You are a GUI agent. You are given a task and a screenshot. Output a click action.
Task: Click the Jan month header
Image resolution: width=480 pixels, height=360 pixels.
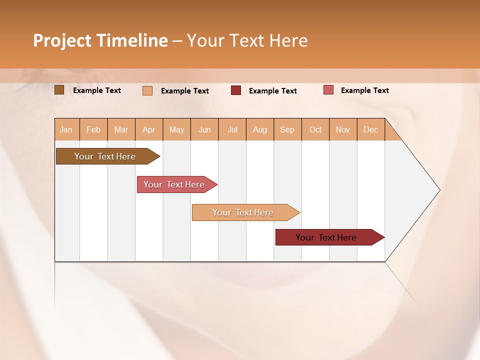66,129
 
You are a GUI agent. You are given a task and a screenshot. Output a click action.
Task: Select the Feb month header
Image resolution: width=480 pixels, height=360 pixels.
93,129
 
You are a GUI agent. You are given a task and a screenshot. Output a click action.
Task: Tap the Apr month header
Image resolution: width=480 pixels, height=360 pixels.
148,129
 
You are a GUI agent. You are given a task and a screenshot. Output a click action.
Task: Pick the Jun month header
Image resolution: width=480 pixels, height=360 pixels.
204,129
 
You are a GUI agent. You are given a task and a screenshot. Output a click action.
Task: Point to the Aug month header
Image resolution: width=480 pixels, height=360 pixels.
259,129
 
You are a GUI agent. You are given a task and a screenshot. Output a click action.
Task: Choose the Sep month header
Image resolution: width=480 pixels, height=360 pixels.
287,129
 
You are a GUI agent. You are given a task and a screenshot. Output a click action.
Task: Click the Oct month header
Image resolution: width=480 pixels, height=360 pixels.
315,129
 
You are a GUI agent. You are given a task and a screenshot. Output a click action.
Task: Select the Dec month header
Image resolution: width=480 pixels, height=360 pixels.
370,129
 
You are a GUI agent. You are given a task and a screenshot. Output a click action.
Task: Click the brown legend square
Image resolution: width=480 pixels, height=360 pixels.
59,90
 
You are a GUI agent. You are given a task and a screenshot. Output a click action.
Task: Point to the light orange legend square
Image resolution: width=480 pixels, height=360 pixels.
147,90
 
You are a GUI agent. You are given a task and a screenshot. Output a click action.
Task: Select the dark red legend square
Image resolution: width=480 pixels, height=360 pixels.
236,90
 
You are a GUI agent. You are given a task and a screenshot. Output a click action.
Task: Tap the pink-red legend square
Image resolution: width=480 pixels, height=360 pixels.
328,90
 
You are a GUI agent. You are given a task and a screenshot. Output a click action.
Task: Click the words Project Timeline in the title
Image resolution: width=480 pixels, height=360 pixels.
100,40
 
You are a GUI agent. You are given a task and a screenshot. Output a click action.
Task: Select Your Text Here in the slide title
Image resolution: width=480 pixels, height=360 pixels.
247,40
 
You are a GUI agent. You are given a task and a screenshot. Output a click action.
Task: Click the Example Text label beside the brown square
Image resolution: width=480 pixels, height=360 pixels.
97,90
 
